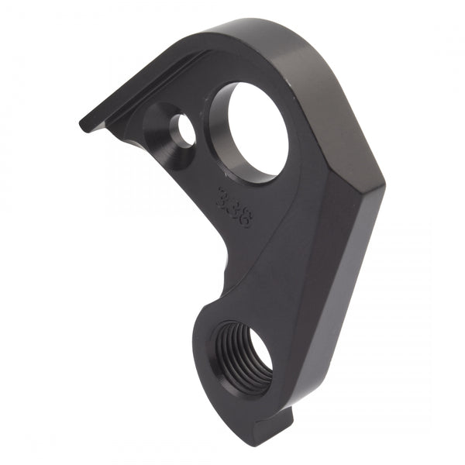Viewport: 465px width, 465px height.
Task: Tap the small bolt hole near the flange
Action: point(183,129)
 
